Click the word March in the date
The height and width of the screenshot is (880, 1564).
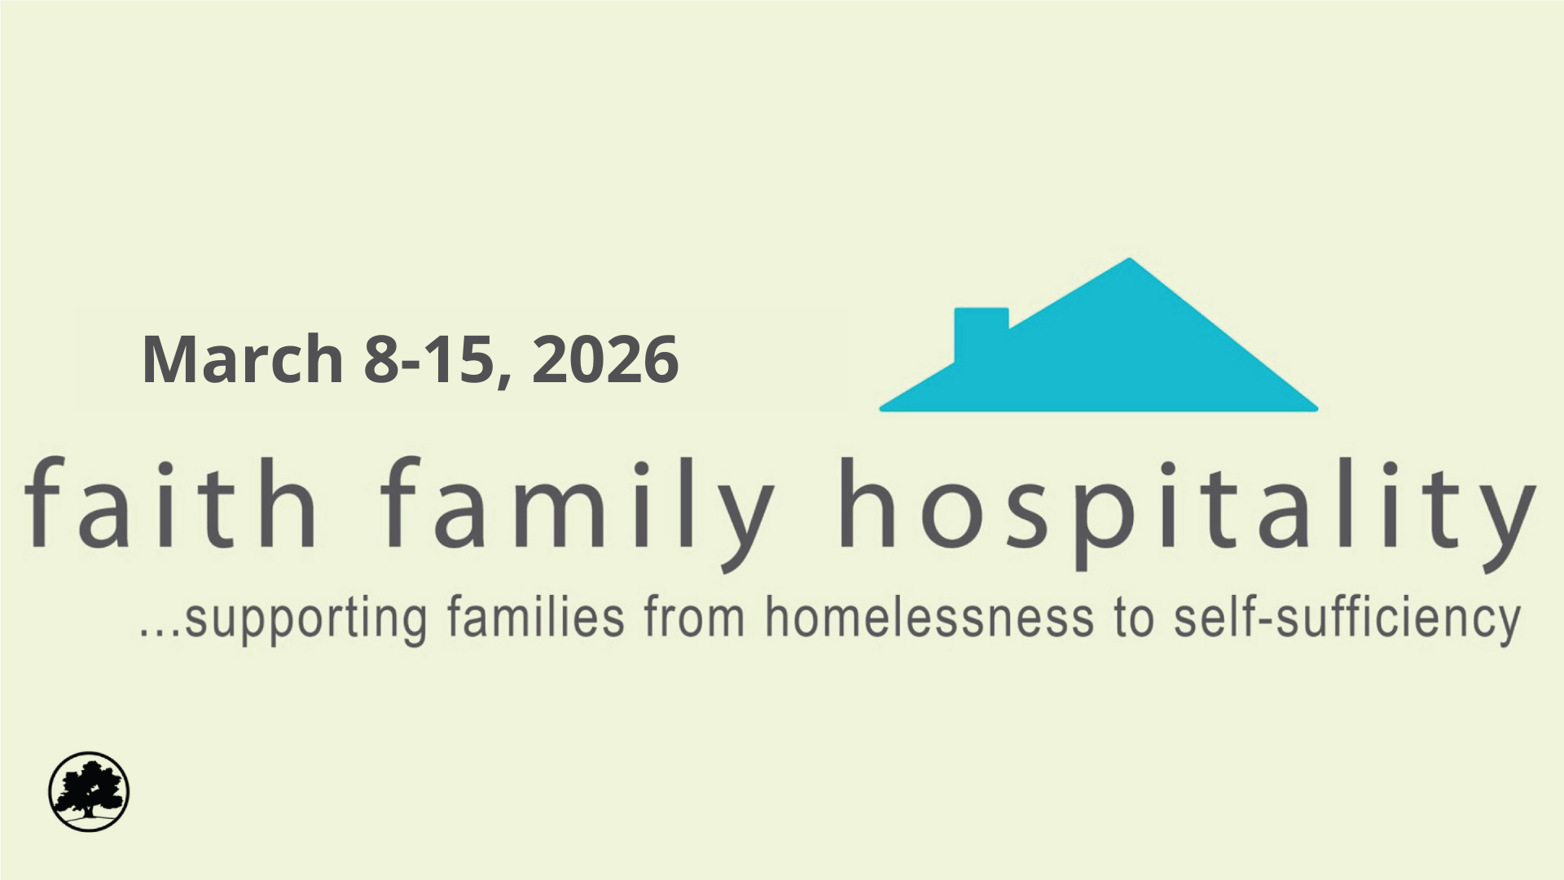click(x=242, y=359)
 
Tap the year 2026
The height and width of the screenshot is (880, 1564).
click(x=605, y=359)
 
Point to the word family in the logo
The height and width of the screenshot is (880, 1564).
click(x=577, y=509)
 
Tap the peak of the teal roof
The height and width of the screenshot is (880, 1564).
click(x=1128, y=262)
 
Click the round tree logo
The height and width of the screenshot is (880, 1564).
click(x=89, y=791)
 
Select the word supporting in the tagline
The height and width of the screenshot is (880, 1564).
click(x=306, y=621)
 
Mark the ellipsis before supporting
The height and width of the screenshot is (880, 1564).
click(x=160, y=632)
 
